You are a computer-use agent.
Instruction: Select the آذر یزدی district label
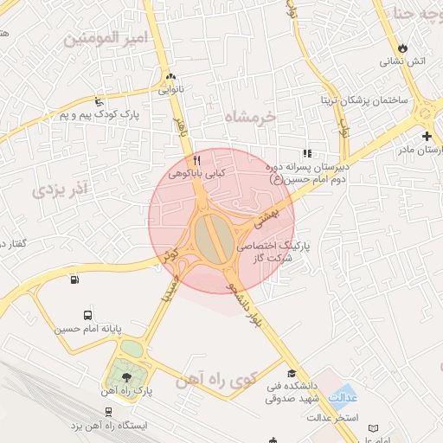60,189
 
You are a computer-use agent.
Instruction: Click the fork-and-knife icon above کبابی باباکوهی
196,160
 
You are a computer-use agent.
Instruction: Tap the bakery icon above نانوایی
170,75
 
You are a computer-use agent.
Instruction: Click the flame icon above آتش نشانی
401,48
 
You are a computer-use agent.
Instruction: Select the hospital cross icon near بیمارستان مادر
426,136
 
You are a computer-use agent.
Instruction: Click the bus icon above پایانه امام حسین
87,315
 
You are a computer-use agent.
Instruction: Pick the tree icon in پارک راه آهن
128,376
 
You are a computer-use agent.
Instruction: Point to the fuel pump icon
74,279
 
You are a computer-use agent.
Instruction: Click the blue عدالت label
345,396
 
